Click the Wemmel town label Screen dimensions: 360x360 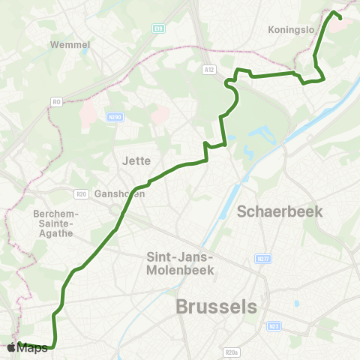(x=70, y=44)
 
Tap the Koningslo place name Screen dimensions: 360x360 (x=289, y=31)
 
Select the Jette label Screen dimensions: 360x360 (x=136, y=160)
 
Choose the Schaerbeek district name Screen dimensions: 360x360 (x=280, y=211)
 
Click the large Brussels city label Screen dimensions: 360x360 (x=216, y=307)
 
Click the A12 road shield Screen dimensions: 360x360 (x=209, y=69)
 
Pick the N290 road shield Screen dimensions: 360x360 (x=114, y=117)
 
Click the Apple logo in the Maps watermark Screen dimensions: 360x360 (x=11, y=347)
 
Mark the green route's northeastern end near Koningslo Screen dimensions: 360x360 (x=340, y=16)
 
